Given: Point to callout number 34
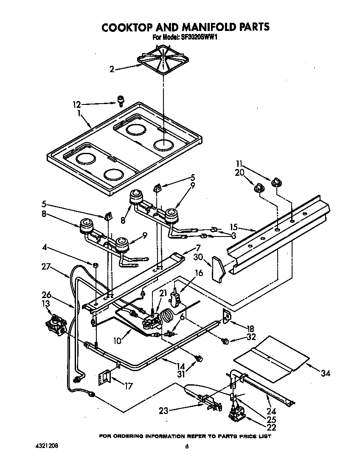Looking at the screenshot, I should (x=326, y=373).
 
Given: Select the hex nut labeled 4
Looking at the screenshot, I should (x=96, y=266).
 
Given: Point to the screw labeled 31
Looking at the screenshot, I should (x=197, y=359).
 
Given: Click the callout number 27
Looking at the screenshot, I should (x=46, y=267).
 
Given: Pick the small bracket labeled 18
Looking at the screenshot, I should (x=226, y=316).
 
